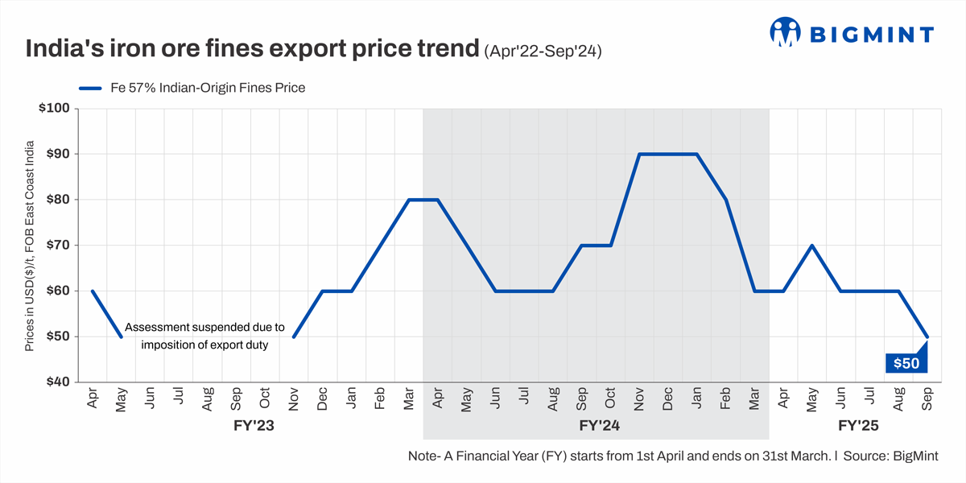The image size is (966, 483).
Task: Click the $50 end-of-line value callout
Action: point(906,363)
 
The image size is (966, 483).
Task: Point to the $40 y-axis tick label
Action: point(59,382)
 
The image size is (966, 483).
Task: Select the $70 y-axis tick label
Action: point(59,245)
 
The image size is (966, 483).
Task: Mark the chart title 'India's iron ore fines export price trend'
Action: point(252,49)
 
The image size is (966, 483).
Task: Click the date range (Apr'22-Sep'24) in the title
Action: point(543,51)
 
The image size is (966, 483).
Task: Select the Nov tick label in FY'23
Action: point(294,398)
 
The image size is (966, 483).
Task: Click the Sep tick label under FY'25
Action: point(927,400)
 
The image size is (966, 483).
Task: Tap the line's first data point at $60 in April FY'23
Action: point(92,291)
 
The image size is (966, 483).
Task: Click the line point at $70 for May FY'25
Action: point(812,245)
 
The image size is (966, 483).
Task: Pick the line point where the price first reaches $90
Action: point(639,154)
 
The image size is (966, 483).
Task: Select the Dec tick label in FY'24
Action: point(668,399)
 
